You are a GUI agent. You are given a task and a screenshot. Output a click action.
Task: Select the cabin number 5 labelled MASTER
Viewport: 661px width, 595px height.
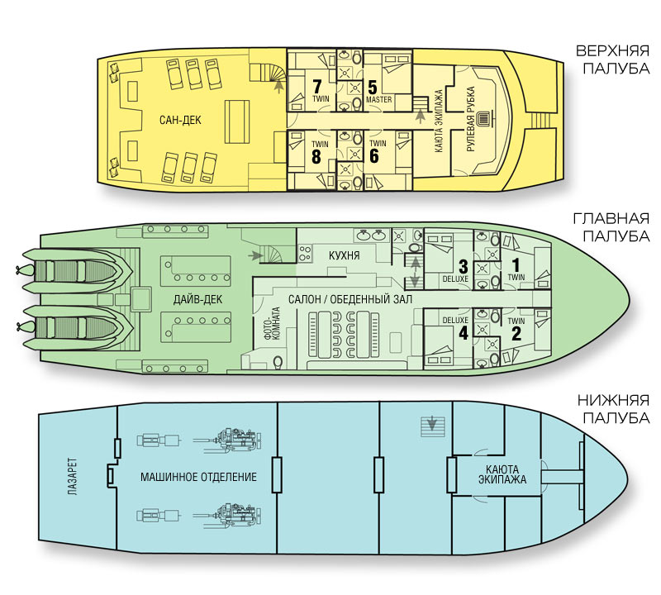[373, 86]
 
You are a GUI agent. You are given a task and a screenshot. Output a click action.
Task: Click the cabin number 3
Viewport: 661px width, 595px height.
[464, 266]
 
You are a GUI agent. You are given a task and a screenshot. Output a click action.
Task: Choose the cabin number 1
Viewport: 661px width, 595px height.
[516, 266]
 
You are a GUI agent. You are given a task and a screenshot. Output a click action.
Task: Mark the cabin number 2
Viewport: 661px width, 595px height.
[516, 334]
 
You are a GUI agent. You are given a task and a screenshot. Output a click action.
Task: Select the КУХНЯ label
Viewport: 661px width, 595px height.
[344, 256]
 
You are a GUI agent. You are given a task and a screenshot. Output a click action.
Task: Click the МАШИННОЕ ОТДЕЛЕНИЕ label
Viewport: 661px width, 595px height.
[198, 477]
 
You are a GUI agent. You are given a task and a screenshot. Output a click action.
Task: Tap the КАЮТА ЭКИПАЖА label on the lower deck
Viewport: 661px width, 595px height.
[502, 476]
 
